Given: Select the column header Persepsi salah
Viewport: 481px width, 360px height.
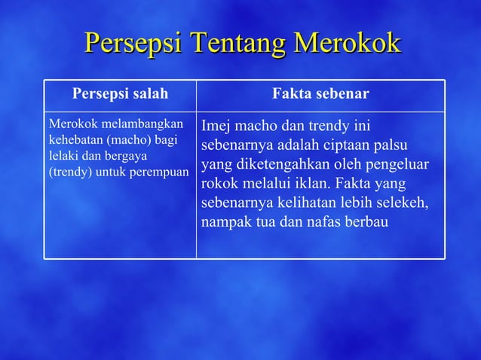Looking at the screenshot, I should click(x=120, y=94).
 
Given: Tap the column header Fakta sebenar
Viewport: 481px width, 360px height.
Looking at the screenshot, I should click(x=320, y=94).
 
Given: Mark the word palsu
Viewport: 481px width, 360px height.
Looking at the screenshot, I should click(x=406, y=144).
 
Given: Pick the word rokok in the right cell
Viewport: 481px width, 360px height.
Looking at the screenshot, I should click(x=220, y=183).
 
